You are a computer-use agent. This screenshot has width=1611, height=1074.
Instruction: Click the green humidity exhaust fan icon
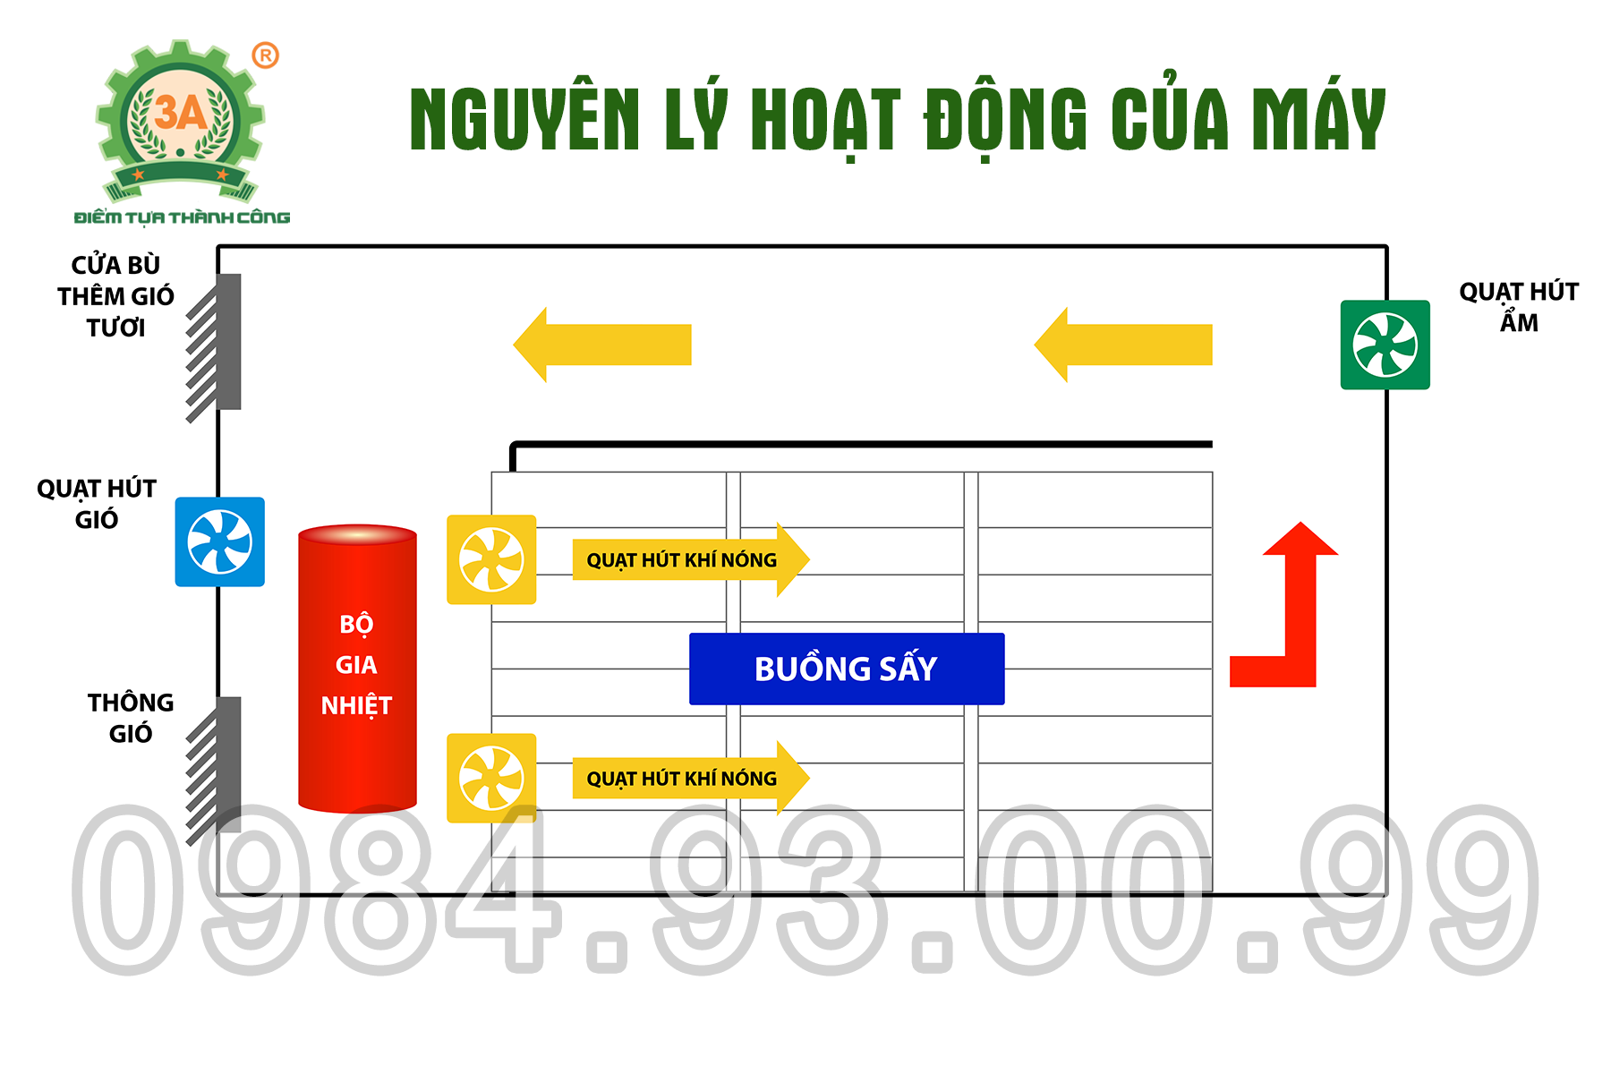[x=1385, y=345]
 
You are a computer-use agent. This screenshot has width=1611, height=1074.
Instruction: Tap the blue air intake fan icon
[x=219, y=541]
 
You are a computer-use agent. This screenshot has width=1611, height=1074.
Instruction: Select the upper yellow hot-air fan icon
[x=491, y=559]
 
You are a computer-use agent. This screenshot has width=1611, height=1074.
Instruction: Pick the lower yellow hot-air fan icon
[x=491, y=778]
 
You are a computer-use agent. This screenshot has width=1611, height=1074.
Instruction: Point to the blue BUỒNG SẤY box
[x=847, y=669]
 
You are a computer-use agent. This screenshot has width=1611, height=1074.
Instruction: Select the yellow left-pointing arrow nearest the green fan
[x=1123, y=345]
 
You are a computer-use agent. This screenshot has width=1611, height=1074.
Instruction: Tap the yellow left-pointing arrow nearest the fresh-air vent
[x=602, y=345]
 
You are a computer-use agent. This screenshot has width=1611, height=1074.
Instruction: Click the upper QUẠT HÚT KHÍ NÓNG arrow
[x=691, y=559]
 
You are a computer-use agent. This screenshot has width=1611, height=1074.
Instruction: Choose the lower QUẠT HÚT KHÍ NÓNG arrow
[x=691, y=778]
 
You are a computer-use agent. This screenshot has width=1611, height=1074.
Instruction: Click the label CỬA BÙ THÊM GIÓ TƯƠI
[x=115, y=296]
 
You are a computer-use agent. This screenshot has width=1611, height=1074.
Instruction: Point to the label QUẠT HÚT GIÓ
[x=97, y=504]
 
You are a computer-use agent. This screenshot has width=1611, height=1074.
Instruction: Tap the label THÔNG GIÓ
[x=131, y=718]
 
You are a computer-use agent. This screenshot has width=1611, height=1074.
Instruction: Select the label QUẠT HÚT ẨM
[x=1519, y=307]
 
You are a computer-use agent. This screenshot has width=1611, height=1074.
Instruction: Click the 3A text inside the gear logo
[x=181, y=113]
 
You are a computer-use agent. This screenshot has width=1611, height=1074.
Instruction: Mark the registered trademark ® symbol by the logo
[x=265, y=55]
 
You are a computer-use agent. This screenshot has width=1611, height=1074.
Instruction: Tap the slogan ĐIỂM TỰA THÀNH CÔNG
[x=182, y=217]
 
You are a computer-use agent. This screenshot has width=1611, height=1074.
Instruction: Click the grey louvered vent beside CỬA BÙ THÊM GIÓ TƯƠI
[x=215, y=345]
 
